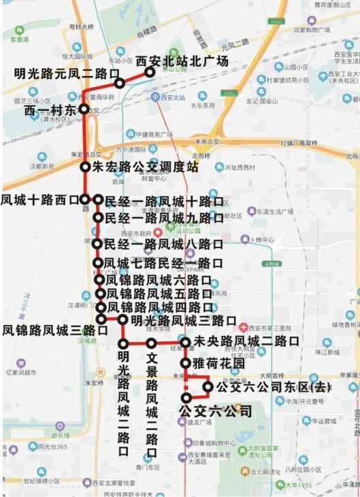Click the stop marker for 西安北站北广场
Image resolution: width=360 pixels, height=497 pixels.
(150, 71)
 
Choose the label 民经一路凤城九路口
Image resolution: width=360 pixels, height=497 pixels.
(163, 218)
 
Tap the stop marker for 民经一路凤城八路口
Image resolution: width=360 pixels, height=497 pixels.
(97, 243)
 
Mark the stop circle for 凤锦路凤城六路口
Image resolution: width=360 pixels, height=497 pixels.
(99, 279)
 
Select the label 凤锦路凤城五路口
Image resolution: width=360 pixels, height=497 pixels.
(159, 294)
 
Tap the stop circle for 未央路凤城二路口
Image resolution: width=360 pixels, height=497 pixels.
(185, 342)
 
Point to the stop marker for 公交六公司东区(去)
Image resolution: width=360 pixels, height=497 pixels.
(208, 387)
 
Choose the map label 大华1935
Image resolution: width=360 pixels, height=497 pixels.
(298, 485)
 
